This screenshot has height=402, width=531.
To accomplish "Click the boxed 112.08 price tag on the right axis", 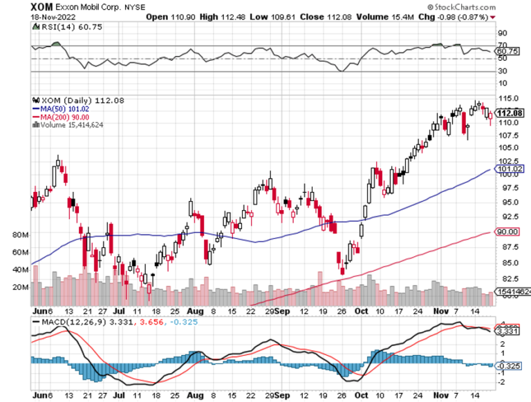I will [508, 114].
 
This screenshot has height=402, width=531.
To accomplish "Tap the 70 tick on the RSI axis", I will [503, 46].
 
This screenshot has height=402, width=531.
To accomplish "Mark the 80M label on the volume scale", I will [19, 235].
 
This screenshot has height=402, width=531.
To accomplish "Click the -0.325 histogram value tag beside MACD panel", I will [509, 364].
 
